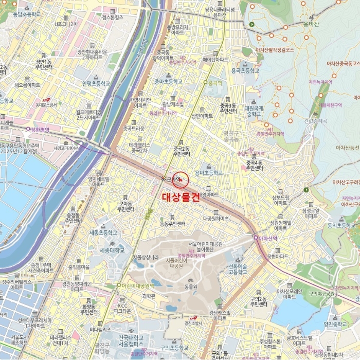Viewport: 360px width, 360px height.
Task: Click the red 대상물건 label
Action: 181,196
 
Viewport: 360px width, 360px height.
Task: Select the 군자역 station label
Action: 174,179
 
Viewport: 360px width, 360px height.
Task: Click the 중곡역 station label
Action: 214,83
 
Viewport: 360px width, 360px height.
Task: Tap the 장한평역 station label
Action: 38,130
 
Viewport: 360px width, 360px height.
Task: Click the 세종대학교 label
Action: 112,250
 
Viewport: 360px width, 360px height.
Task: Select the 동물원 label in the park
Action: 191,286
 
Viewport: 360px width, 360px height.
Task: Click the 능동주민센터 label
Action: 172,224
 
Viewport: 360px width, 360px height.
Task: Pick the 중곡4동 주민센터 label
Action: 254,165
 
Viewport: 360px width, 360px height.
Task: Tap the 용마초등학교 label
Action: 209,173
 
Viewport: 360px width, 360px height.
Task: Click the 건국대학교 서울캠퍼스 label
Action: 130,340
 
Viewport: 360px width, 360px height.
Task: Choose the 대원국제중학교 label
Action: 254,111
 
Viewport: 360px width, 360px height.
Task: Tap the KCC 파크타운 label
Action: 122,308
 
